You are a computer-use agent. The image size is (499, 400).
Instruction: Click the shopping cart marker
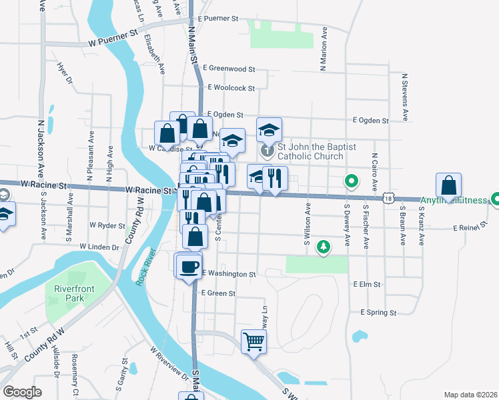[254, 342]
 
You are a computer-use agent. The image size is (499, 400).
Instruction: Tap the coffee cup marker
[188, 267]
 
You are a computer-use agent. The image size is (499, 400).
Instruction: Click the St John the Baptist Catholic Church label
[310, 151]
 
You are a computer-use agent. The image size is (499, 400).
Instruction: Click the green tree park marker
[324, 247]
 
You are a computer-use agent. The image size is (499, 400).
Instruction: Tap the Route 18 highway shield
[388, 198]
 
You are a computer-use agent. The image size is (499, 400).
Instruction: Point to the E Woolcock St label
[231, 88]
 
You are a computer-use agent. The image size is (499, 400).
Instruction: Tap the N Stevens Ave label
[404, 97]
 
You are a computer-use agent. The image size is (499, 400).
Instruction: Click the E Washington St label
[229, 274]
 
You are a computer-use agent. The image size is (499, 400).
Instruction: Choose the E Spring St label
[378, 312]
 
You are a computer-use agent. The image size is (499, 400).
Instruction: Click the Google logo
[23, 392]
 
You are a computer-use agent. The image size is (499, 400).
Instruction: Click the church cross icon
[267, 151]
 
